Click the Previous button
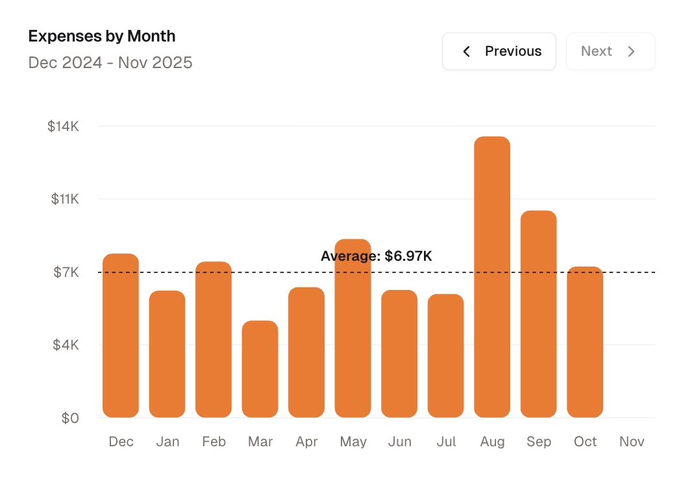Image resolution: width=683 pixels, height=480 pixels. [499, 51]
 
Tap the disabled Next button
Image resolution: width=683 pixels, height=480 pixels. [610, 51]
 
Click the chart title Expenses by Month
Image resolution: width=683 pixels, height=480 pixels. [102, 36]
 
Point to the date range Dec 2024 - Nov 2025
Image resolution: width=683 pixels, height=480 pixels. [110, 63]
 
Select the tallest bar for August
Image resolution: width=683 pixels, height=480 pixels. [492, 277]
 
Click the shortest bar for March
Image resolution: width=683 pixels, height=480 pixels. [260, 369]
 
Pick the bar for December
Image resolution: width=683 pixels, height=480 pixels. [121, 335]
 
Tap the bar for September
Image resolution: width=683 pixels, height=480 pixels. [538, 314]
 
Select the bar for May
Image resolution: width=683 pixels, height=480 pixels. [353, 328]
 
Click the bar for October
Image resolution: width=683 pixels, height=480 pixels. [584, 342]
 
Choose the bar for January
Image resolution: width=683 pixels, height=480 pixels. [167, 354]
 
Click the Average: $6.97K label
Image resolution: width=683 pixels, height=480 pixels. [377, 256]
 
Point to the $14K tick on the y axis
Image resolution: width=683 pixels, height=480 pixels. [63, 126]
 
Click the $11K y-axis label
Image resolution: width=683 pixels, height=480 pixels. [65, 199]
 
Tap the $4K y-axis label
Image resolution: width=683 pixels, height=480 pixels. [66, 345]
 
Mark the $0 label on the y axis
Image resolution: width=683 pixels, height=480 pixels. [69, 418]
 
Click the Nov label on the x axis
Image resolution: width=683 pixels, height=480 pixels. [631, 442]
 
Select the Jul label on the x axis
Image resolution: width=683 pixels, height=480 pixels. [446, 442]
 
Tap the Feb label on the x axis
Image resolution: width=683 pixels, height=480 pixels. [214, 442]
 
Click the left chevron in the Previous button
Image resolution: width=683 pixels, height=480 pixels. [466, 51]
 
